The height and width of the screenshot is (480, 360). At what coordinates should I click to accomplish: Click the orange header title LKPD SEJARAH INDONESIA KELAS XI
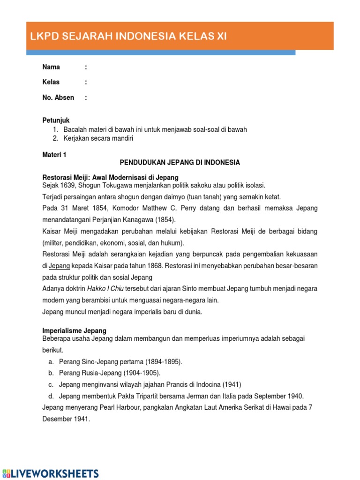click(128, 37)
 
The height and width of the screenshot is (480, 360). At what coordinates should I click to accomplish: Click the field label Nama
click(51, 67)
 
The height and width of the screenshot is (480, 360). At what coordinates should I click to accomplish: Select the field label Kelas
click(51, 82)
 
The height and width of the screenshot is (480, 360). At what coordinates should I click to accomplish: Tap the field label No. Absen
click(58, 97)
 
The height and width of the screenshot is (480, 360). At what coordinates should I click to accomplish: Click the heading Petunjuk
click(56, 120)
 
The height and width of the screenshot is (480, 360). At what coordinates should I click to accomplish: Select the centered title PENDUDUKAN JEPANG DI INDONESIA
click(180, 163)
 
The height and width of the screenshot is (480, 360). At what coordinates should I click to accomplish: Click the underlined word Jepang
click(60, 265)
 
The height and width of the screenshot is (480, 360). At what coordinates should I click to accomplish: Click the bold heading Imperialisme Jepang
click(74, 330)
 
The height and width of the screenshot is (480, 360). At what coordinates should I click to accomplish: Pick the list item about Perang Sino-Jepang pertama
click(120, 362)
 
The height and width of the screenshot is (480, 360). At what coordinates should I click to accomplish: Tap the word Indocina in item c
click(207, 384)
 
